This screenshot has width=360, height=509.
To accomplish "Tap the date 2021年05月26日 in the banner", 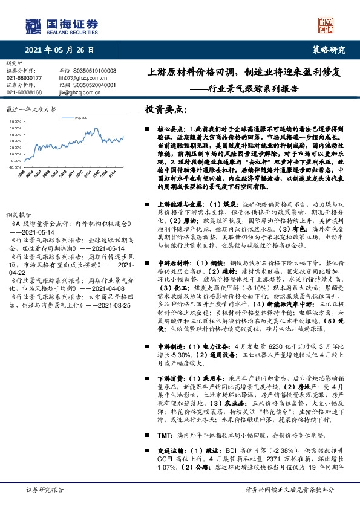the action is (61, 50).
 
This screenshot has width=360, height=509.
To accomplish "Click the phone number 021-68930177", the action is (24, 78).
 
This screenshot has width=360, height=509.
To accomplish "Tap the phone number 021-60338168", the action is (24, 92).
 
